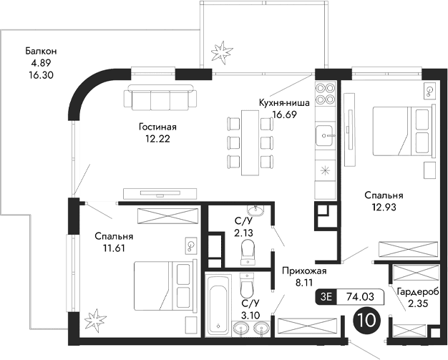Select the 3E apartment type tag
(327, 295)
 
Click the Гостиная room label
(157, 127)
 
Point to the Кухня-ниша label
(284, 103)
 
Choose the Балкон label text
(40, 51)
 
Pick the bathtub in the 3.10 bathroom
(218, 306)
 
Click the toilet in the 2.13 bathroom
(248, 250)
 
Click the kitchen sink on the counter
(325, 134)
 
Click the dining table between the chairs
(250, 142)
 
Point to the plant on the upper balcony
(220, 52)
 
